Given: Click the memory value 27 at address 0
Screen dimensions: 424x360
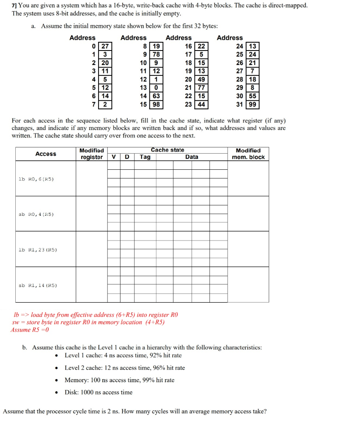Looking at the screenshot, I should click(x=105, y=46).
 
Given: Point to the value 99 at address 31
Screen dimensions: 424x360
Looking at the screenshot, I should click(x=252, y=105).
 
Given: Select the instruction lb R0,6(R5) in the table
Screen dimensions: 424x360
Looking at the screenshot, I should click(x=36, y=179).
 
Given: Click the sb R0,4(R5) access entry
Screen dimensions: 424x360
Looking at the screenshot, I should click(x=36, y=214).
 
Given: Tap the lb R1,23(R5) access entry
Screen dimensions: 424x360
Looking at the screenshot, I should click(x=38, y=250).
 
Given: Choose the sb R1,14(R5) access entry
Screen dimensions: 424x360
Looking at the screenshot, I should click(x=38, y=285).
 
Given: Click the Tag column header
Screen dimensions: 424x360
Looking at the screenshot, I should click(x=145, y=157).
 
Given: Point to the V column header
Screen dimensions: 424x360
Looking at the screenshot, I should click(x=114, y=157).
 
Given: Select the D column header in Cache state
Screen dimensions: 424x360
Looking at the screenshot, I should click(x=127, y=157).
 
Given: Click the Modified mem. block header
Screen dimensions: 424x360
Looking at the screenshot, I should click(x=248, y=154).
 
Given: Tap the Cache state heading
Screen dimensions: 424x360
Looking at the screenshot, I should click(x=168, y=150).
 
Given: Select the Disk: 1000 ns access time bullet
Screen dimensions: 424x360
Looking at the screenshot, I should click(x=98, y=392).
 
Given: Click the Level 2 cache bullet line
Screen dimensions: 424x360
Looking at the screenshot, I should click(x=125, y=368).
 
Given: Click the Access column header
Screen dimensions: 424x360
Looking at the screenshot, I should click(x=46, y=154).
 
